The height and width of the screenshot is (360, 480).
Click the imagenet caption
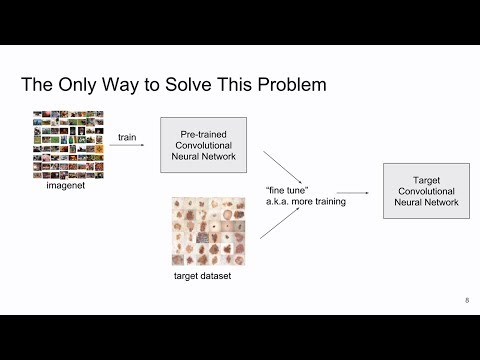tap(66, 185)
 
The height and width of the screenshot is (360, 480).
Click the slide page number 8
tap(466, 300)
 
